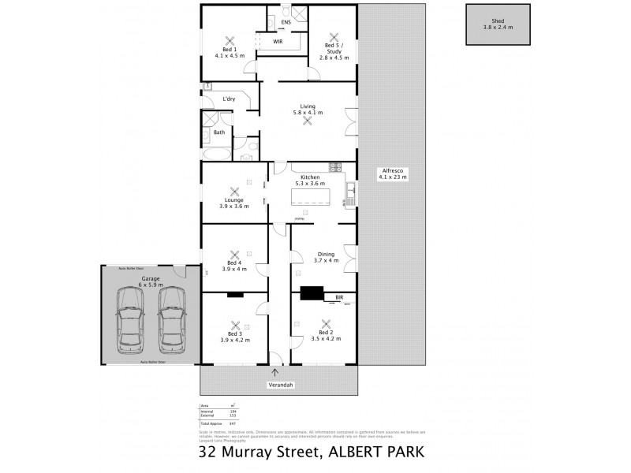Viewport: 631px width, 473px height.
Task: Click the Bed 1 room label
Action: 230,53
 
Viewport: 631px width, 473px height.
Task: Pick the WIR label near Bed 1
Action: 278,41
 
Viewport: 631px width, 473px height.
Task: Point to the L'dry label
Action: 230,99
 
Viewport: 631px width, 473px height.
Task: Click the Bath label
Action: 218,132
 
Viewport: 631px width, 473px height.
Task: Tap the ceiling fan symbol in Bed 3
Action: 234,323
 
